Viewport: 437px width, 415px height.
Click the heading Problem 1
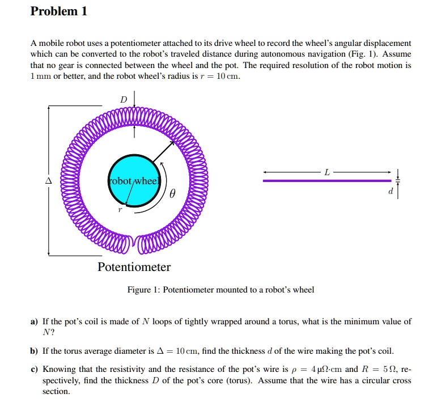pos(59,11)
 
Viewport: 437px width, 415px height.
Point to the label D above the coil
pos(124,100)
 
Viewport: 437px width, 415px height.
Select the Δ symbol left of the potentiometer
pos(49,181)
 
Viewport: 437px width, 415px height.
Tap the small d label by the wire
pos(390,191)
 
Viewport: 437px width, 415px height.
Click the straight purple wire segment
pos(326,181)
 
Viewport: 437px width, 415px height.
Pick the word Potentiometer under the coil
pos(134,266)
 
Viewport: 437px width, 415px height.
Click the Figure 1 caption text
pos(220,290)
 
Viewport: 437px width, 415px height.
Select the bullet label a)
pos(34,321)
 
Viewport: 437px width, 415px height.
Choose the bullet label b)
pos(34,350)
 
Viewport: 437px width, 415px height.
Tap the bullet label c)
pos(34,369)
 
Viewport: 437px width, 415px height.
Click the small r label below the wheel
pos(120,209)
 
